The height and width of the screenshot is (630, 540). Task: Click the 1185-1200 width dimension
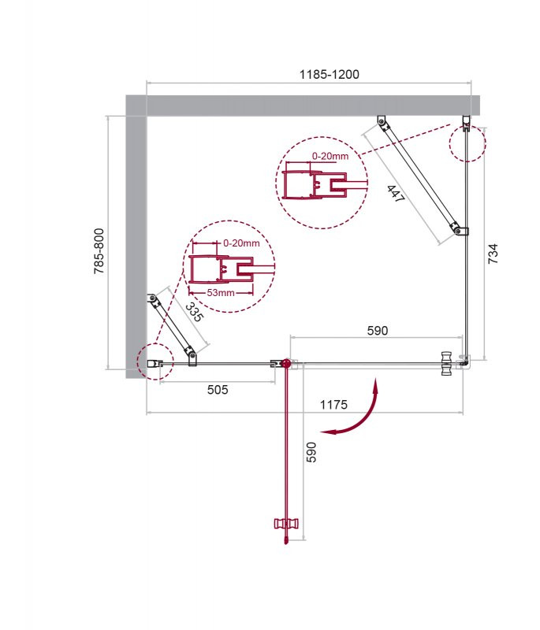[x=329, y=74]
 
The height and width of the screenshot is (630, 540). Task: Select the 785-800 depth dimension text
[x=99, y=251]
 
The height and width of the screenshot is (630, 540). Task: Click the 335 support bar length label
[x=193, y=313]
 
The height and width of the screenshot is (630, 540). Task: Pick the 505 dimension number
[x=218, y=389]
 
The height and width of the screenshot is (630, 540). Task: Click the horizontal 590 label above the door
[x=377, y=331]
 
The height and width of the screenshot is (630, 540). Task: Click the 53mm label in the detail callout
[x=222, y=293]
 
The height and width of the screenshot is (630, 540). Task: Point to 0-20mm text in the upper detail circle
[x=330, y=156]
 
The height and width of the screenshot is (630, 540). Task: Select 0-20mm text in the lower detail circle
[x=240, y=243]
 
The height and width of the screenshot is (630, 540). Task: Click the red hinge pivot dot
[x=285, y=364]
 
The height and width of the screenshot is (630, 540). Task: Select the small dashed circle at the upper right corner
[x=467, y=143]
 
